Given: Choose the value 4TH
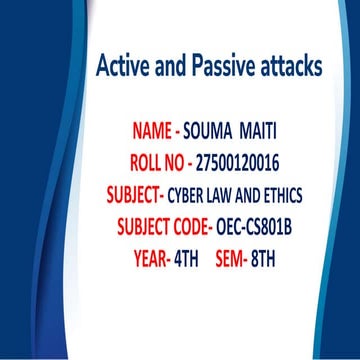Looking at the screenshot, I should coord(186,258).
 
